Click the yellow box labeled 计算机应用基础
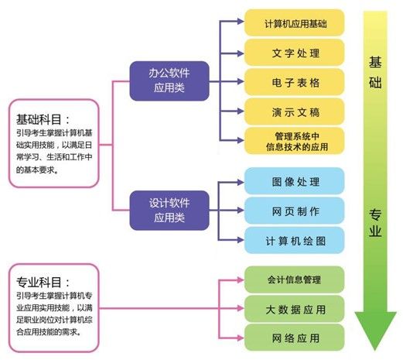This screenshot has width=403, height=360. point(294,22)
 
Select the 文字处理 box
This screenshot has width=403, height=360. point(294,53)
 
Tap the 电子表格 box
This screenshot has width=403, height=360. point(294,82)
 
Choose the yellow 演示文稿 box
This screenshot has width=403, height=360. point(294,111)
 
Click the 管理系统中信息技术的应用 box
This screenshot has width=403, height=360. point(294,141)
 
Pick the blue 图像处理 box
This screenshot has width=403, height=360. point(294,181)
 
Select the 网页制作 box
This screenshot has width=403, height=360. point(294,211)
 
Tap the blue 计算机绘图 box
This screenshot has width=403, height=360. point(294,240)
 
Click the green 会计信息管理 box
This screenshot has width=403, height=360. point(294,279)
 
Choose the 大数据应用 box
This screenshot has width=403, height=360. point(294,309)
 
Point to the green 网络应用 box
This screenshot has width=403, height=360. point(294,338)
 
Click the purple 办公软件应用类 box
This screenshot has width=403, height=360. point(169,81)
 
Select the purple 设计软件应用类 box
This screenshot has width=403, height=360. point(169,211)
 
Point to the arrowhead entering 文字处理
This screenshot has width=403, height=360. point(241,53)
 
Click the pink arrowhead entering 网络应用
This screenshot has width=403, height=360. point(241,338)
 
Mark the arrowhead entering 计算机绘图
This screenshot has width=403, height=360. point(241,240)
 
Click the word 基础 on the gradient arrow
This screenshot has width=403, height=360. point(375,73)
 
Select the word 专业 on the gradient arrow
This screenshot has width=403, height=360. point(375,223)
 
